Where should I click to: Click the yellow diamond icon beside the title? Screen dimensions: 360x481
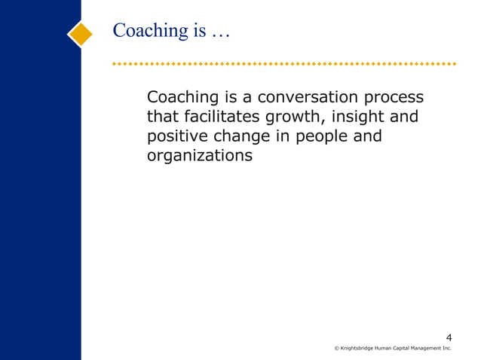pyautogui.click(x=80, y=33)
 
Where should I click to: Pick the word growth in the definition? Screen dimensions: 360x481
pyautogui.click(x=294, y=118)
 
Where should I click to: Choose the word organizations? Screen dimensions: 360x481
pyautogui.click(x=199, y=157)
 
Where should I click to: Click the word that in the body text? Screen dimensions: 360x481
pyautogui.click(x=163, y=117)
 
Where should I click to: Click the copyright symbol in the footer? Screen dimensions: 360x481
pyautogui.click(x=336, y=349)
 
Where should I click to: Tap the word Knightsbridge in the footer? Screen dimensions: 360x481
pyautogui.click(x=358, y=349)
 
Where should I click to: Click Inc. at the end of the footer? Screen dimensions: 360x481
pyautogui.click(x=448, y=349)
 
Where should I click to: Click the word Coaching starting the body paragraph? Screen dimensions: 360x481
pyautogui.click(x=182, y=99)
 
